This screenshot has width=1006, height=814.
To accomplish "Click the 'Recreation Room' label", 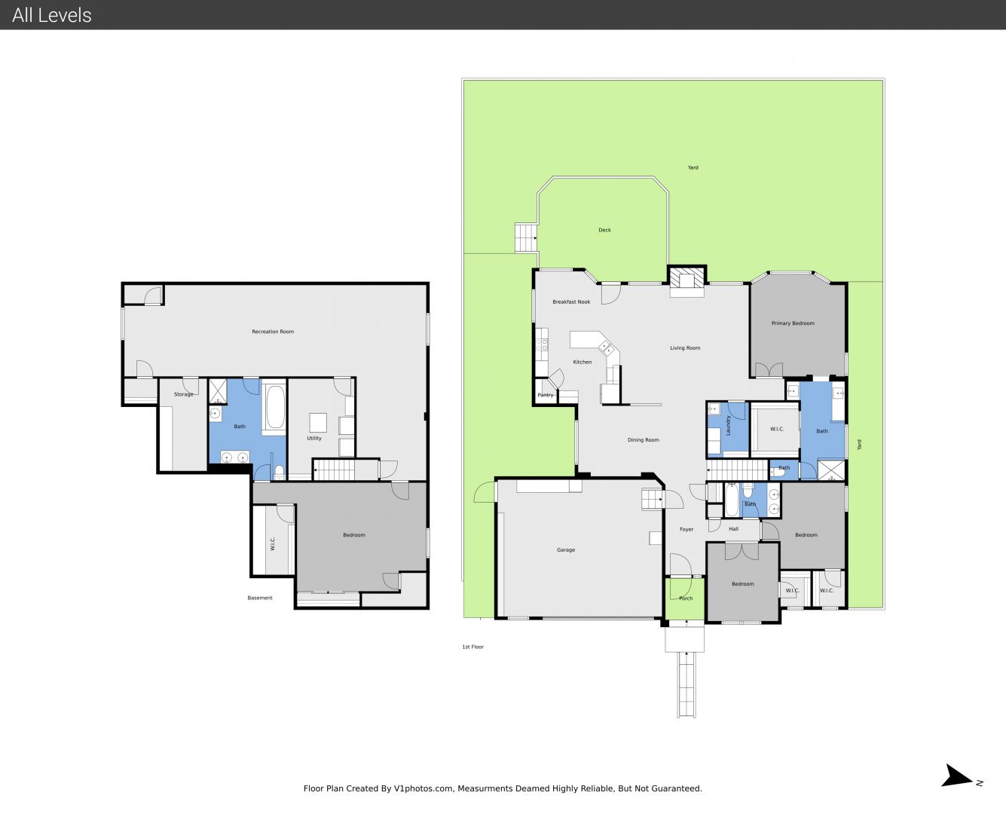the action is coord(273,332).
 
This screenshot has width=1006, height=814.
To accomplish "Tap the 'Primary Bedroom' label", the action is coord(793,323).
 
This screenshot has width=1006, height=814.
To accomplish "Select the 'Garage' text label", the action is coord(565,550).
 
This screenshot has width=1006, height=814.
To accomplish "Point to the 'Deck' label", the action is coord(604,230).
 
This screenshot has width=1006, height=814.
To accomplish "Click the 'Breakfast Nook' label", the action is coord(571,302).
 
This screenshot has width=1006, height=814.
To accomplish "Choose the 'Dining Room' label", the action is coord(643,440).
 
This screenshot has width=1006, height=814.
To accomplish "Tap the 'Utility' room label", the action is coord(314,438).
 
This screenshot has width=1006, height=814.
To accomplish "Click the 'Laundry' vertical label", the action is coord(728,425).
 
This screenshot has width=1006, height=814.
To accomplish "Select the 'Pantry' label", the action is coord(545,395).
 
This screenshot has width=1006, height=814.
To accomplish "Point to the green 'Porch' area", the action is coord(685,598).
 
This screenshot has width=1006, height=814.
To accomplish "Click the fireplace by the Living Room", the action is coord(686,281).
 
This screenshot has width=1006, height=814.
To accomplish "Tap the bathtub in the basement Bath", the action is coord(274,407).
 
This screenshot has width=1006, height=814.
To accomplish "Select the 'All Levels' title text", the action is coord(51,15).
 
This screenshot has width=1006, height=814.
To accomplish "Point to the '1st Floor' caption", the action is coord(472,647).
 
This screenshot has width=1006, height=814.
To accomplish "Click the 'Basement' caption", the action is coord(260,598).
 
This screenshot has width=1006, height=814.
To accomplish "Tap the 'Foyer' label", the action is coord(686,529).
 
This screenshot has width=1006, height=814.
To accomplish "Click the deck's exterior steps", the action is coord(526,237).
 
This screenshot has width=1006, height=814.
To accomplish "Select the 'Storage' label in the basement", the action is coord(183,394).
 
